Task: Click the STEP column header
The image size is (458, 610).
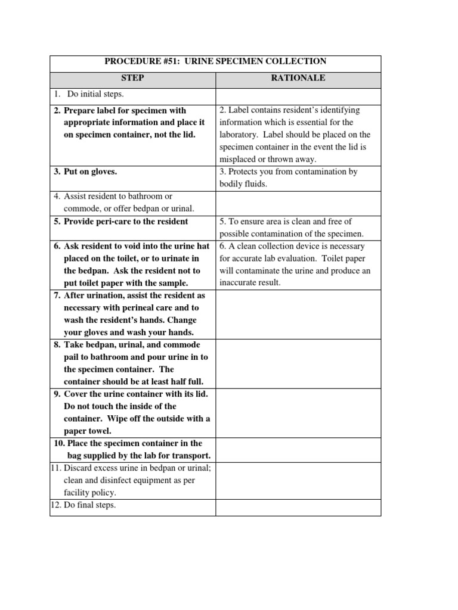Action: pos(132,78)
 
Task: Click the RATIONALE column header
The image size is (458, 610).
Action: pos(298,78)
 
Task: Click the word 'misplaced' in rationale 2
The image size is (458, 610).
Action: pos(239,159)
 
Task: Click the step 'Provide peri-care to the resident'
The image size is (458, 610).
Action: pos(125,222)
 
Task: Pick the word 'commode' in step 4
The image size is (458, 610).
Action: pos(83,208)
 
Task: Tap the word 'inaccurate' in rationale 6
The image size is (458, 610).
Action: pos(241,282)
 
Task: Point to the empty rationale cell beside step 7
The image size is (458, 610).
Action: pos(298,315)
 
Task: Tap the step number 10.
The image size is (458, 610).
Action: pos(59,443)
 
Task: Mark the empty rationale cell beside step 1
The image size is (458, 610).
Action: pos(298,95)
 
